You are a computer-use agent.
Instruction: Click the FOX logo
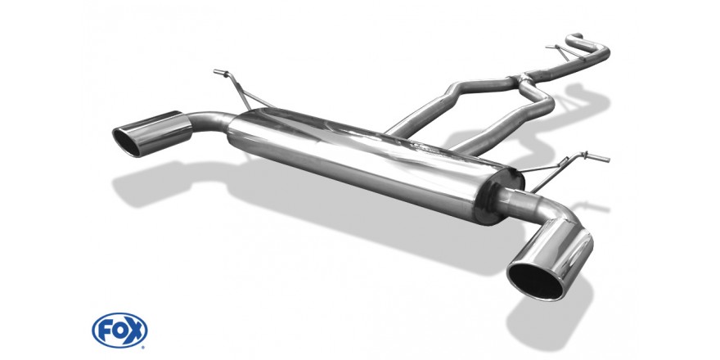[119, 331]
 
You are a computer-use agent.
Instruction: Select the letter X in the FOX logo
[136, 331]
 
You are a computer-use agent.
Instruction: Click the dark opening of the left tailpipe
[128, 142]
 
